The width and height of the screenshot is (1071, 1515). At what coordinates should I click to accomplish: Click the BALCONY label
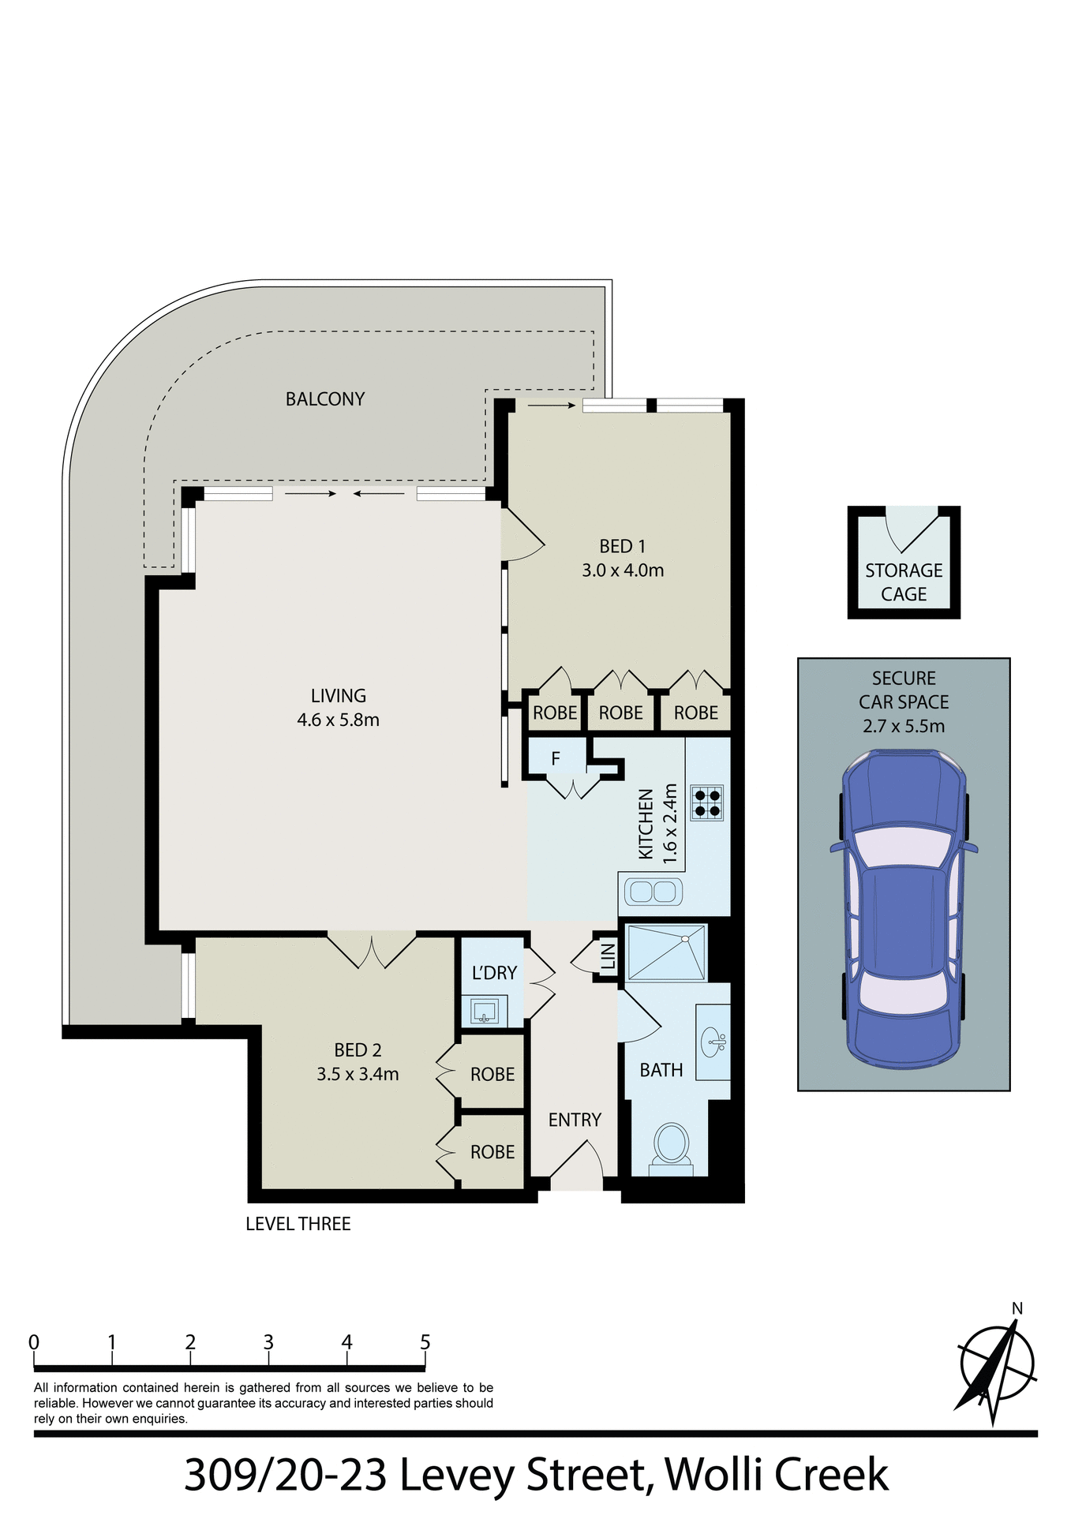click(324, 399)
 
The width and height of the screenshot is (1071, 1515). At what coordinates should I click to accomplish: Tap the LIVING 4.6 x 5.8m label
click(338, 708)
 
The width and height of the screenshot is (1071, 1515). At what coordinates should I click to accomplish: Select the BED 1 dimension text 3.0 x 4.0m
click(623, 570)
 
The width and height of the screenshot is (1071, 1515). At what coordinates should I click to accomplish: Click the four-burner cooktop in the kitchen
click(706, 802)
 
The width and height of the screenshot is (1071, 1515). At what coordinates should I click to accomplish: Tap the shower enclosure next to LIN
click(665, 952)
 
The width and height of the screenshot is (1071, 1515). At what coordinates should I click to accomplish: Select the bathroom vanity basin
click(713, 1042)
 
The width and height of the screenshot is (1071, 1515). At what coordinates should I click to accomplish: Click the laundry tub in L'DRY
click(484, 1010)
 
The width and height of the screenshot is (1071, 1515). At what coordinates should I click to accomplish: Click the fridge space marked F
click(556, 758)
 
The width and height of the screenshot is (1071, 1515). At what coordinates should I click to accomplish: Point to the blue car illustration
click(904, 907)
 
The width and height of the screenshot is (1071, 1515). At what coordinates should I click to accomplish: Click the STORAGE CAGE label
click(904, 582)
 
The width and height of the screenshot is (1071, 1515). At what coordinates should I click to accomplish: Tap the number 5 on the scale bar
click(425, 1342)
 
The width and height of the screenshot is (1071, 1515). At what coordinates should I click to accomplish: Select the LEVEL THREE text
click(298, 1224)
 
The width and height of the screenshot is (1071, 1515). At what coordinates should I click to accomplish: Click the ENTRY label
click(575, 1120)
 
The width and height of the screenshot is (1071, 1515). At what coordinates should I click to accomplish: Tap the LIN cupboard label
click(608, 956)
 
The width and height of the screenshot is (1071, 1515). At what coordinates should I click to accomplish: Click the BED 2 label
click(358, 1050)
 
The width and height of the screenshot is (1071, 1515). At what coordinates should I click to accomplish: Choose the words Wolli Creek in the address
click(777, 1475)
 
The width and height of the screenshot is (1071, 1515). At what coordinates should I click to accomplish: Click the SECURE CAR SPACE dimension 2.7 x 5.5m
click(904, 726)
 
